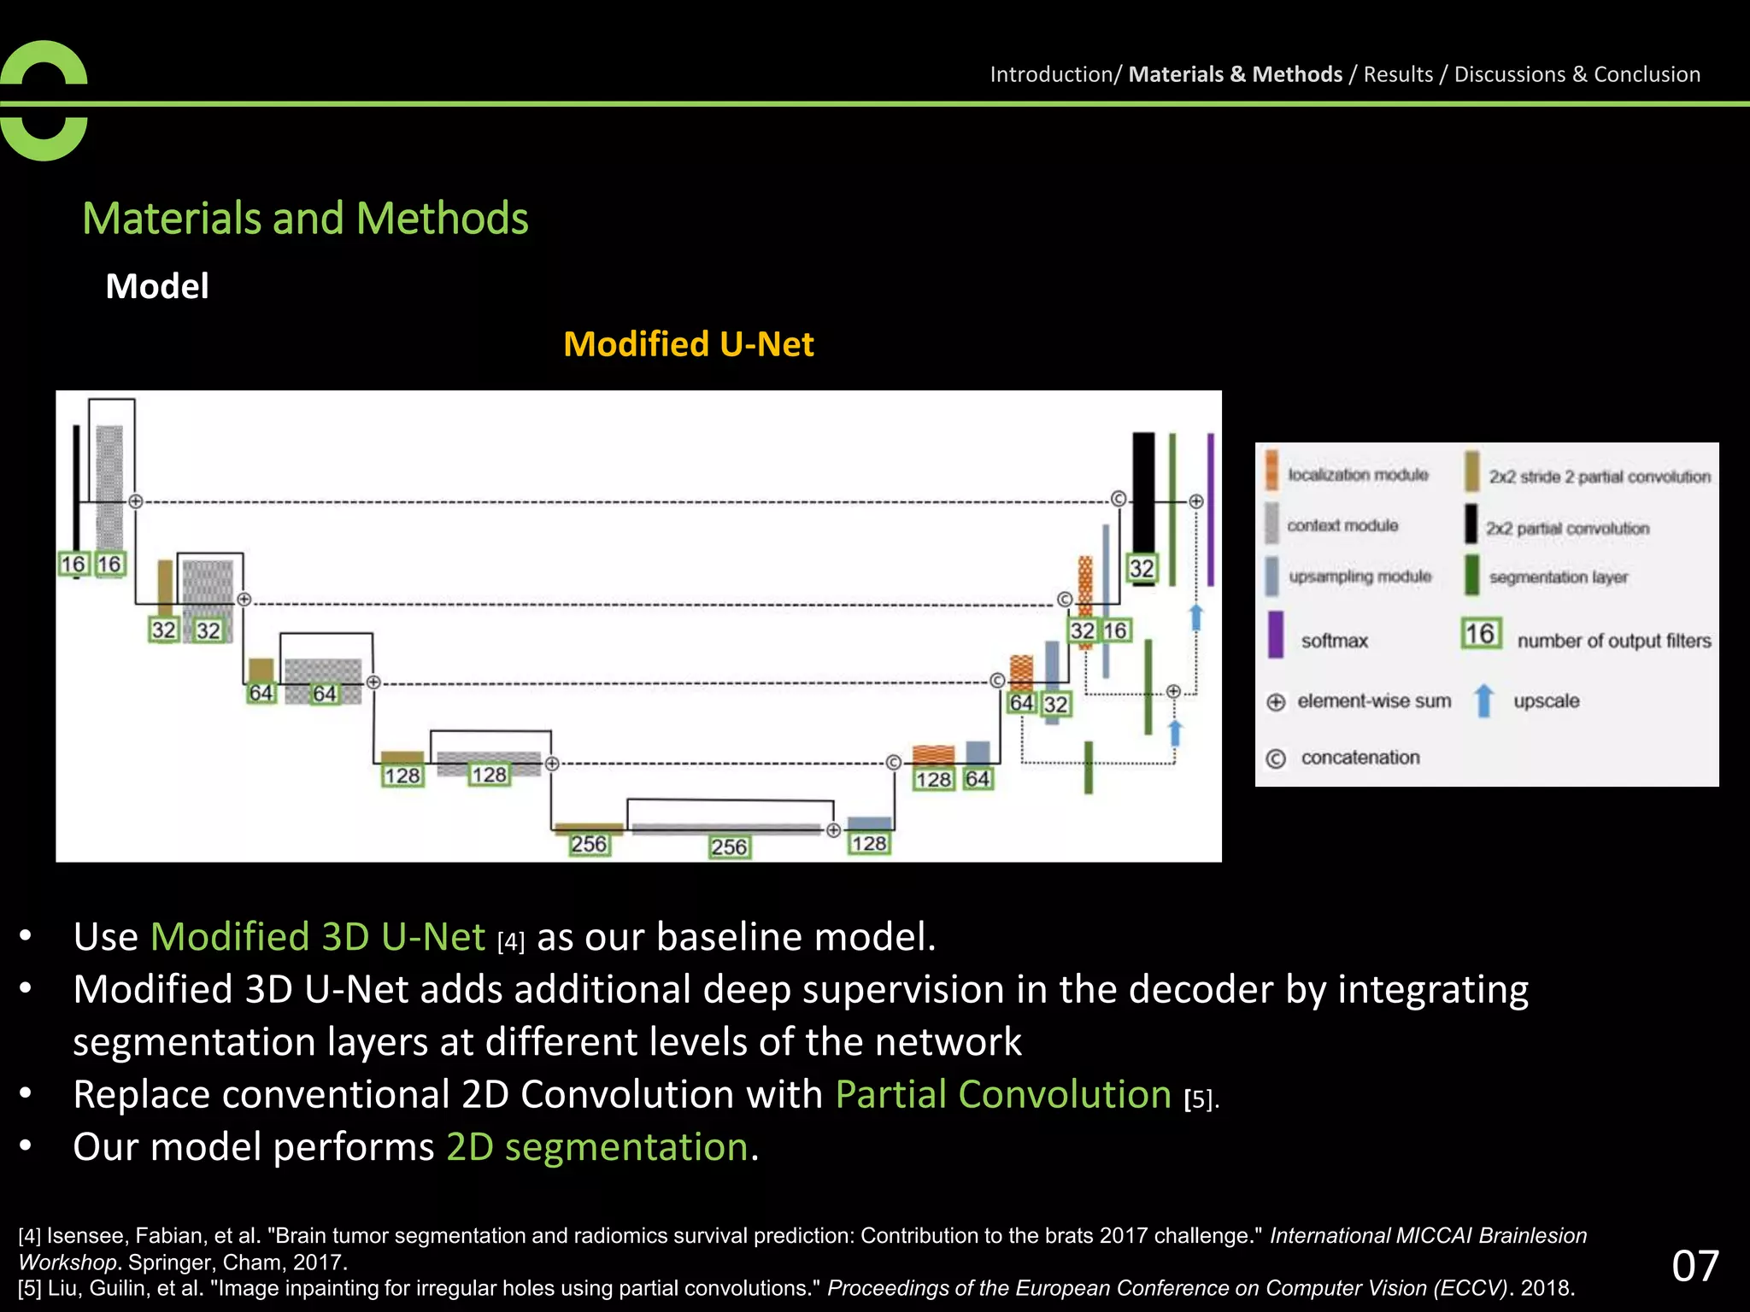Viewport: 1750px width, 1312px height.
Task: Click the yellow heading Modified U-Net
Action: [x=688, y=344]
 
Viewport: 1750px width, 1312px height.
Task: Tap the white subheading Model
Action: [x=156, y=286]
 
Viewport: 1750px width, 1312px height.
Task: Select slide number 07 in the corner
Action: [x=1694, y=1265]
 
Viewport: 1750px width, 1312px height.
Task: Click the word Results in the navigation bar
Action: [x=1398, y=74]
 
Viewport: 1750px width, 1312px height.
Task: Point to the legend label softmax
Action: [x=1334, y=641]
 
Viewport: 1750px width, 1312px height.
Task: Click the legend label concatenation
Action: [x=1359, y=758]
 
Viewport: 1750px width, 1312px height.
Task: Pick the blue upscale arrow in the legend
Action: [x=1484, y=700]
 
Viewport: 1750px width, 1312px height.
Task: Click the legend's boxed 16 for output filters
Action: [x=1480, y=634]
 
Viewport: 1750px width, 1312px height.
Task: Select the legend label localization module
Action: [x=1358, y=474]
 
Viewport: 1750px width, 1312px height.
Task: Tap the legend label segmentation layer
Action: [x=1558, y=577]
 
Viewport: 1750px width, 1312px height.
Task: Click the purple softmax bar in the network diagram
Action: [x=1211, y=509]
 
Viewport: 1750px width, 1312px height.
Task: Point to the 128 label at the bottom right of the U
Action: [x=869, y=844]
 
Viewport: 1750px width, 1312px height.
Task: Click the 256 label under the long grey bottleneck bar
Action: [x=729, y=846]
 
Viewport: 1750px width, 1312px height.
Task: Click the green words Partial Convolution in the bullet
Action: [x=1003, y=1094]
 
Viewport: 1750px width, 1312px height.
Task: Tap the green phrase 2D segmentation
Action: [x=597, y=1146]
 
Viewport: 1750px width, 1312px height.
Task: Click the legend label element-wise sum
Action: [x=1373, y=701]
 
